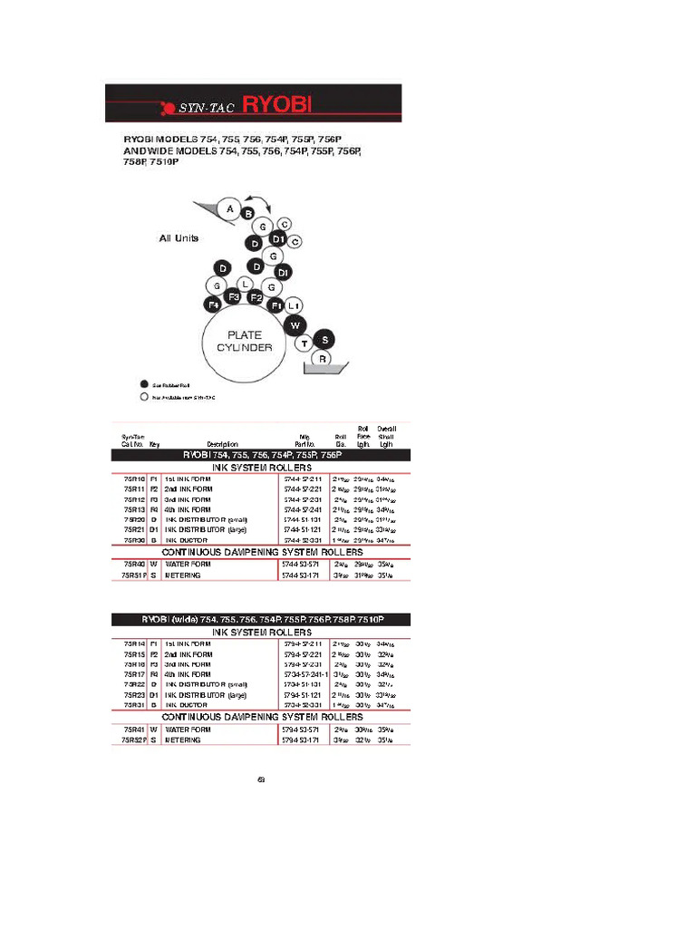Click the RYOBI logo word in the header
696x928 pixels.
point(276,106)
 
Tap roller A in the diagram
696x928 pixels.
point(230,209)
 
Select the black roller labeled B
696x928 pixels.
point(247,214)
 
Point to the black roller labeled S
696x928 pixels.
point(325,339)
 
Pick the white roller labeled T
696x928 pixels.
point(305,343)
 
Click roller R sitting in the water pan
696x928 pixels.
point(322,360)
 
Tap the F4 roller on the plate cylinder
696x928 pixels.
point(214,304)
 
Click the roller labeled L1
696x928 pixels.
point(295,305)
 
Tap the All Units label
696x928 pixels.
point(179,238)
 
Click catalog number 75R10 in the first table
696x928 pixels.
point(134,478)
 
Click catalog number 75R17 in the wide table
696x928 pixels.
point(134,674)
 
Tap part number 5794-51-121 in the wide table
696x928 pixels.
point(302,696)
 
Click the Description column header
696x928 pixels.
point(222,444)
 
